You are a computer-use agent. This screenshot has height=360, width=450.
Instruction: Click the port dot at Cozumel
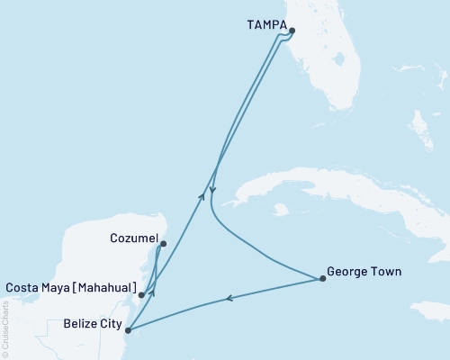[163, 243]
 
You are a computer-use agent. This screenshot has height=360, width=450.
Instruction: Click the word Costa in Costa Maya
[22, 288]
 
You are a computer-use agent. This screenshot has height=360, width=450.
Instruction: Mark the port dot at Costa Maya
[141, 294]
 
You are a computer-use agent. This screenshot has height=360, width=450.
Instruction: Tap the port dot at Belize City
[129, 330]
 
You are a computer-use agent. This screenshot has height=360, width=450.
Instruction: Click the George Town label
[364, 270]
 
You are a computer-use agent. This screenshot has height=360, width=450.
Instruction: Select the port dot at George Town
[322, 279]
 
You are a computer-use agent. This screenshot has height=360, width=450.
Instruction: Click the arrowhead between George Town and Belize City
[229, 299]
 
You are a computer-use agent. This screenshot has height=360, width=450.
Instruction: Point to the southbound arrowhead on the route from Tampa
[212, 190]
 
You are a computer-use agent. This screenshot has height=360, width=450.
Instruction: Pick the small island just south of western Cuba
[281, 211]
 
